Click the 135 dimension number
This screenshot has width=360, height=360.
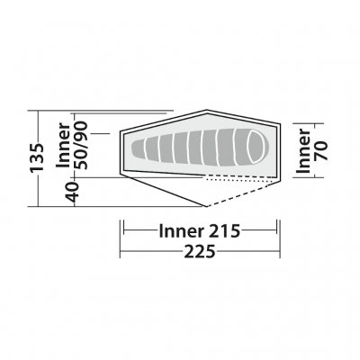click(37, 159)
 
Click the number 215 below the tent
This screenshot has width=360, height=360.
click(220, 230)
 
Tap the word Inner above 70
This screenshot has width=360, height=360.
click(306, 147)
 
